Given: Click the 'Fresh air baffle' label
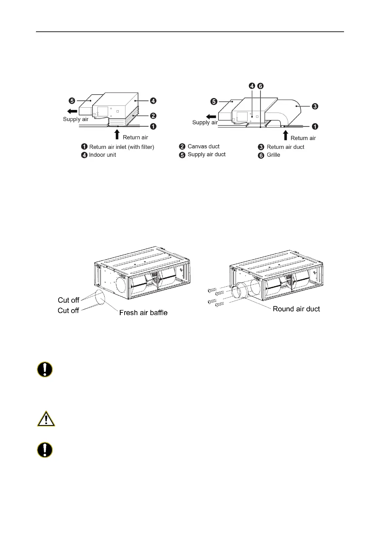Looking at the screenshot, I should [x=143, y=313].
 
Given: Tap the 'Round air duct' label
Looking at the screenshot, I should [x=296, y=309].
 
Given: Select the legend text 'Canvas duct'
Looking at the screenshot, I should [x=203, y=146].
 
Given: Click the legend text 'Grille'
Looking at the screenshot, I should [x=273, y=155].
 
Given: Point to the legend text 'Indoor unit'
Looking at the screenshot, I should [x=102, y=155].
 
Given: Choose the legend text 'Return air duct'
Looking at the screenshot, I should [x=285, y=147].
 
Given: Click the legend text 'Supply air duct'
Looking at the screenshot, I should [x=206, y=154].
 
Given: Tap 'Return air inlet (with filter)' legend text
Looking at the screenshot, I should [x=121, y=147].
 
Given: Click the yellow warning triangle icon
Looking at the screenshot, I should [x=46, y=419].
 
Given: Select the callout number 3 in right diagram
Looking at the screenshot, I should [x=315, y=106].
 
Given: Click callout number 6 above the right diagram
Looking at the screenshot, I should [x=260, y=86].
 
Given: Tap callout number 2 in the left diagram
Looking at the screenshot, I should [x=153, y=116].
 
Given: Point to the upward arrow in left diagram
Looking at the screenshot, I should [x=117, y=134].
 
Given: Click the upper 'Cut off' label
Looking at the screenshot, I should [x=68, y=300].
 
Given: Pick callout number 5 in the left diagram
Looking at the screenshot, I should [x=72, y=101].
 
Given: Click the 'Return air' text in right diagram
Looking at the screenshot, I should [x=303, y=138].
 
